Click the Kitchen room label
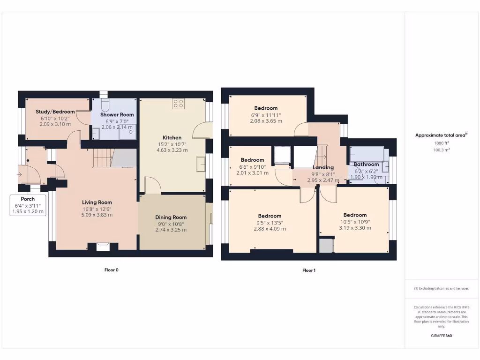(x=172, y=137)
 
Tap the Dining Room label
(x=171, y=217)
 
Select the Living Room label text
(x=97, y=202)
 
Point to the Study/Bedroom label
(x=55, y=112)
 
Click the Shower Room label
(x=117, y=114)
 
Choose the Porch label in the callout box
(x=28, y=199)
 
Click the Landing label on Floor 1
(x=323, y=167)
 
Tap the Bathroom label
(x=366, y=165)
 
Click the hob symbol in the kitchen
(x=178, y=104)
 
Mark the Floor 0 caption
(x=111, y=270)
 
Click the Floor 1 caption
(x=308, y=270)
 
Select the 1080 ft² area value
(x=441, y=143)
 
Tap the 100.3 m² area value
(x=441, y=150)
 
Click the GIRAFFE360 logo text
(x=441, y=336)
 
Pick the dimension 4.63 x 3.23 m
(x=172, y=150)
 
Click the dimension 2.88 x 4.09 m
(x=270, y=229)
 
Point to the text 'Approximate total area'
(x=440, y=135)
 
